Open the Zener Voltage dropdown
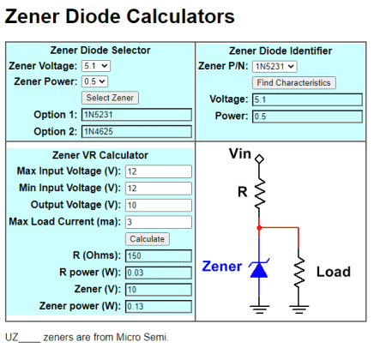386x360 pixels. [x=96, y=66]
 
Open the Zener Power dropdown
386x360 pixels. [x=94, y=81]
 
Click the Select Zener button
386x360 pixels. [x=110, y=98]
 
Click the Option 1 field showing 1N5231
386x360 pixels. [x=136, y=115]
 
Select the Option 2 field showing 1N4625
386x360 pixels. [x=136, y=131]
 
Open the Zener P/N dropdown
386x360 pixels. [x=274, y=67]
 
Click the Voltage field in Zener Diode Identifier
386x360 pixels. [x=307, y=99]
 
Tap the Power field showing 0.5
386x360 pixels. [x=307, y=117]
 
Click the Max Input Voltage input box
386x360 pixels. [x=159, y=171]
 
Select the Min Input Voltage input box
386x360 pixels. [x=159, y=189]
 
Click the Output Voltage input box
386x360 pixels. [x=159, y=205]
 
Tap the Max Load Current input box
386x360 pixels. [x=159, y=222]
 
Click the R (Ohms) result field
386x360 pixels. [x=159, y=255]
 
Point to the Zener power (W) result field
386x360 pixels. [x=159, y=306]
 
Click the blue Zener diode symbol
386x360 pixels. [x=259, y=270]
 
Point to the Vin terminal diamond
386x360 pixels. [x=259, y=159]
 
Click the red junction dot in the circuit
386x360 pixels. [x=259, y=228]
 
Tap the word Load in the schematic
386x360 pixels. [x=334, y=272]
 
